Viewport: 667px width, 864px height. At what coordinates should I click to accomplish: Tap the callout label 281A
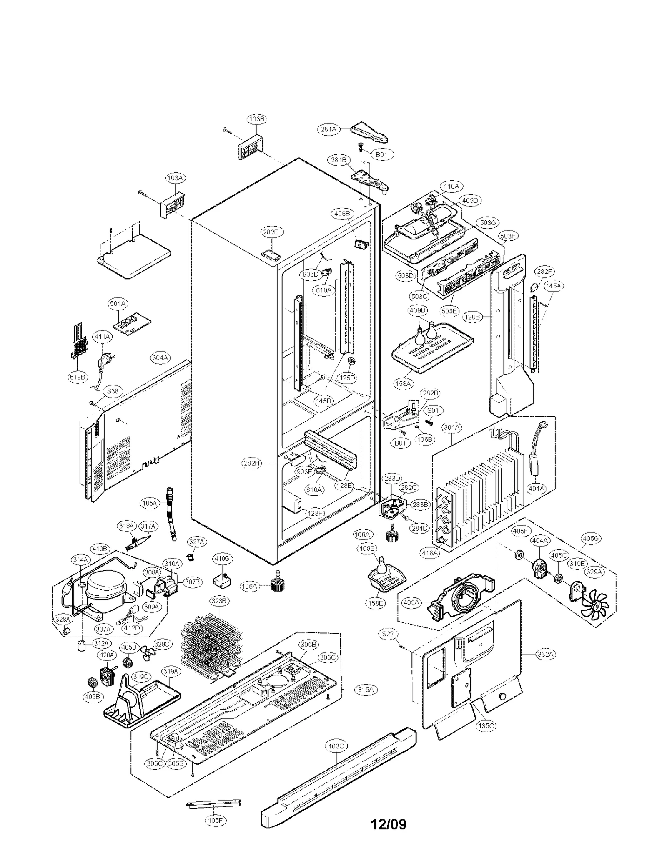tap(328, 129)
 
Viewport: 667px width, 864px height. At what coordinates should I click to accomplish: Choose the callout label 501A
tap(118, 304)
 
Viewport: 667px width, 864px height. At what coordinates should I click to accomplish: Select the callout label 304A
tap(160, 358)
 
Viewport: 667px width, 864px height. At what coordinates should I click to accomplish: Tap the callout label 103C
tap(336, 746)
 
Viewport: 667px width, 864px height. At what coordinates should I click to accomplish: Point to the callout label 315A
tap(365, 690)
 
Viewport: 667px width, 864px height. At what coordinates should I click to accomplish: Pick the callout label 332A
tap(545, 654)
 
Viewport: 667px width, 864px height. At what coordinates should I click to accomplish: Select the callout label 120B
tap(472, 317)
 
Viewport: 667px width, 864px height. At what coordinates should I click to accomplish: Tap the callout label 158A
tap(403, 383)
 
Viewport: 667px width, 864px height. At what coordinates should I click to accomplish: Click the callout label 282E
tap(271, 232)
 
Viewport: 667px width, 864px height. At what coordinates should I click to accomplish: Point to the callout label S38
tap(113, 391)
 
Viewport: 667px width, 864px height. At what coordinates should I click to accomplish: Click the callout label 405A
tap(411, 602)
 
